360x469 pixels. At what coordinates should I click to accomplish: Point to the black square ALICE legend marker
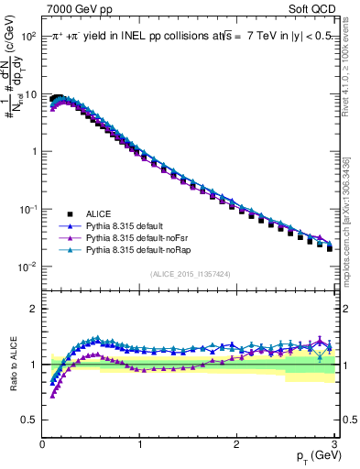click(65, 212)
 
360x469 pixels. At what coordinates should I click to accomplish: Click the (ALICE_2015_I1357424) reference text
click(191, 274)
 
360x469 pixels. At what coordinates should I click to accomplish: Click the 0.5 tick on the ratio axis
click(30, 420)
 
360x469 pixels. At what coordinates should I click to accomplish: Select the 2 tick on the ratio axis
click(34, 309)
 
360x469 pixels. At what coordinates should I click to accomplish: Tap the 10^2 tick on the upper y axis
click(27, 37)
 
